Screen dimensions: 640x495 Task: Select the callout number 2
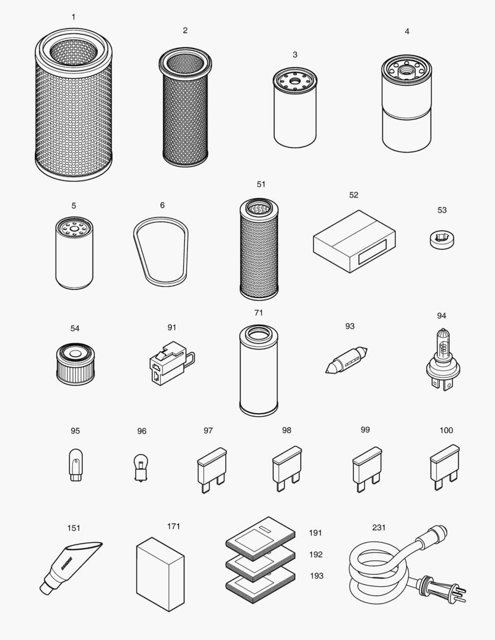click(x=185, y=30)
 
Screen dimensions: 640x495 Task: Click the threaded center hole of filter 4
click(x=407, y=69)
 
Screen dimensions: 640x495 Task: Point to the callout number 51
click(x=261, y=184)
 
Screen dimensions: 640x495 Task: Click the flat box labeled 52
click(x=353, y=240)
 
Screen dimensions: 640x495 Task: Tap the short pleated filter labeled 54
click(x=75, y=363)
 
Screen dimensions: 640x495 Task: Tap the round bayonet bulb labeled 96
click(x=141, y=466)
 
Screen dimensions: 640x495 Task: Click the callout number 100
click(x=446, y=430)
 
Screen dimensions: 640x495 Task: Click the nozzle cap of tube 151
click(x=47, y=586)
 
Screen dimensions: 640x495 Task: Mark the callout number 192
click(x=316, y=555)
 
